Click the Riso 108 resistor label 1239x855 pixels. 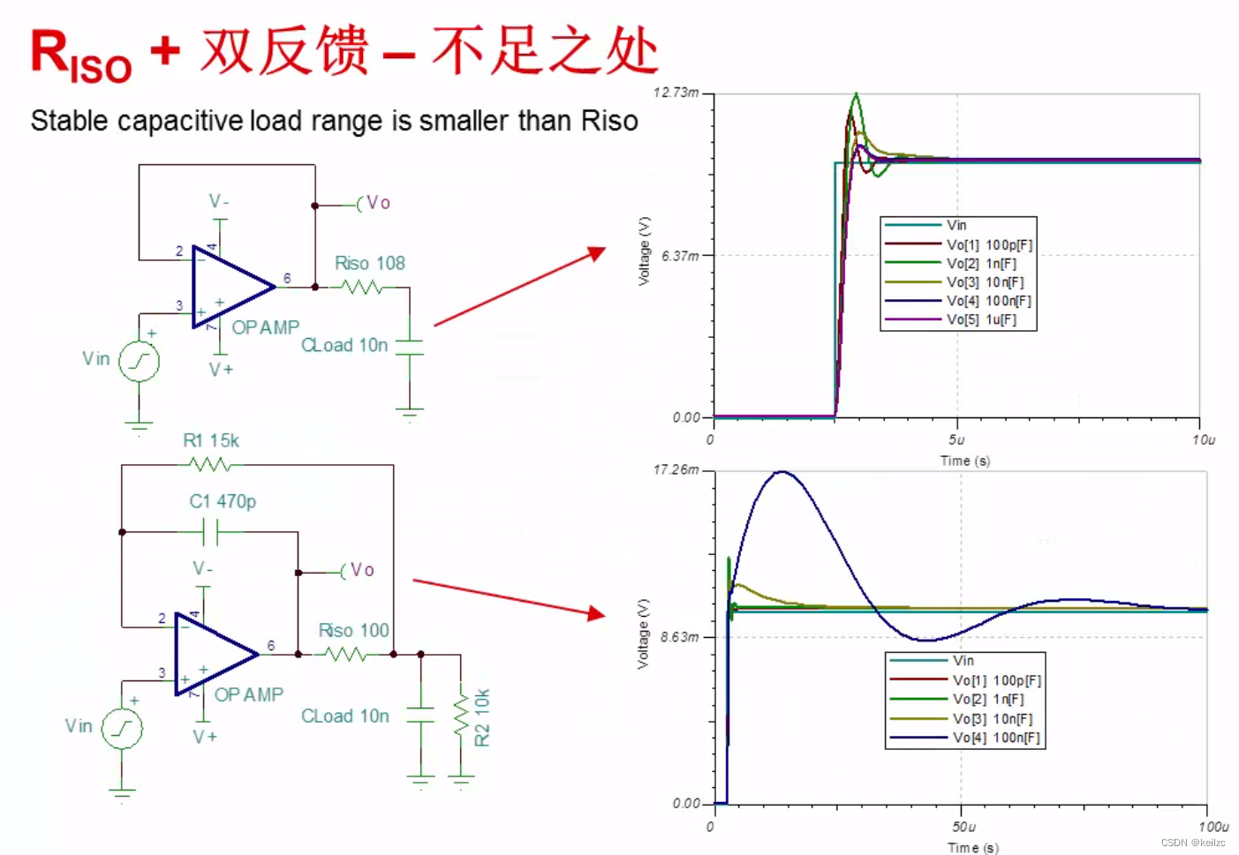tap(369, 263)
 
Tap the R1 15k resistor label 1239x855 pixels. tap(211, 440)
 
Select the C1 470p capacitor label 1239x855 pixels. tap(223, 501)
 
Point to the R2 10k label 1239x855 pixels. tap(481, 716)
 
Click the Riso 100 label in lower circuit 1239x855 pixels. tap(353, 630)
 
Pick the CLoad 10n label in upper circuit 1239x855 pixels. tap(344, 345)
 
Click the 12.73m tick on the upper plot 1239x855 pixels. tap(676, 93)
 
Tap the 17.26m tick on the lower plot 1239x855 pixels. tap(676, 469)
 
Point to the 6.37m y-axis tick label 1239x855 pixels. tap(681, 256)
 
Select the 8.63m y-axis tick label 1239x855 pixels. tap(680, 636)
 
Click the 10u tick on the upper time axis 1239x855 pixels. tap(1203, 439)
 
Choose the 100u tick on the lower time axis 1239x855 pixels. tap(1213, 827)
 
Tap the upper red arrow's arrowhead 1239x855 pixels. tap(599, 253)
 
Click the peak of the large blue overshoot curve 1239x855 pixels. tap(781, 472)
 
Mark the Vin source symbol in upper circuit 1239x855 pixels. tap(139, 361)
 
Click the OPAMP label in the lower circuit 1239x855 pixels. tap(249, 694)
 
